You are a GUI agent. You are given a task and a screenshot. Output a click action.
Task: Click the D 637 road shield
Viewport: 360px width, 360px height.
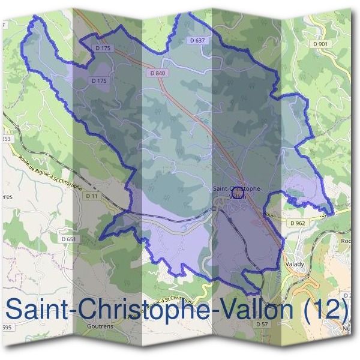click(196, 40)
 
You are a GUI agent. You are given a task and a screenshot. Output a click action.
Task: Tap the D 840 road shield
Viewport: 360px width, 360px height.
click(157, 73)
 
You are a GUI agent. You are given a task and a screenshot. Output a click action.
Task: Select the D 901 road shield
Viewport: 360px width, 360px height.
click(322, 44)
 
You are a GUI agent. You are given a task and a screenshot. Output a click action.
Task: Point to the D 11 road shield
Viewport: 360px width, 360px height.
click(91, 196)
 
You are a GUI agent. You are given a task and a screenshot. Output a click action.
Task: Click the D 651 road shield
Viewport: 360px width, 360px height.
click(69, 239)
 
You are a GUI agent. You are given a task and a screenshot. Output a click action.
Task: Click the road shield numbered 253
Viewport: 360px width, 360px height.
click(6, 139)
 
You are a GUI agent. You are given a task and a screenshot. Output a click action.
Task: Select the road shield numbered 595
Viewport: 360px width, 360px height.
click(5, 327)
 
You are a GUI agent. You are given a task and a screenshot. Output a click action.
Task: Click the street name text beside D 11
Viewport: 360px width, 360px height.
click(52, 174)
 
